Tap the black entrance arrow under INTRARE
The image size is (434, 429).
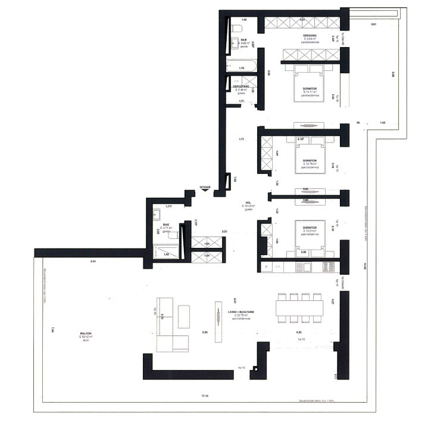(x=205, y=192)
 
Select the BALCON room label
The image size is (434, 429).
(x=86, y=334)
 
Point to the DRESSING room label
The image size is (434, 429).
(x=309, y=36)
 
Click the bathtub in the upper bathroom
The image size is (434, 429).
(x=241, y=66)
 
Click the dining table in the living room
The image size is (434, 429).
(x=299, y=307)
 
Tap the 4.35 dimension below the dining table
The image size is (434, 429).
(x=299, y=331)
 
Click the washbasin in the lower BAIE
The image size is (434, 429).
(x=157, y=214)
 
